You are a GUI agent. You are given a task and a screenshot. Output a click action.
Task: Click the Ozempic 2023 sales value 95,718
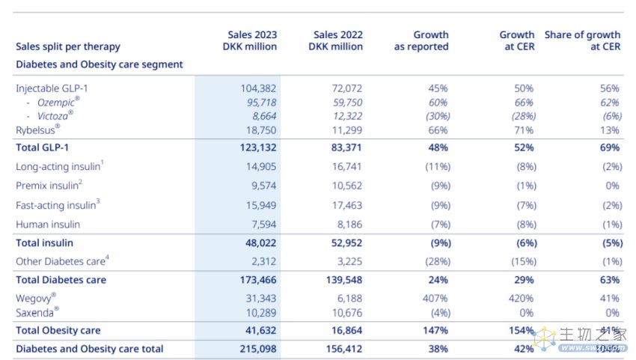[x=259, y=103]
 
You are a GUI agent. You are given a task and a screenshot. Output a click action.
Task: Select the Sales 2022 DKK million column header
[x=335, y=40]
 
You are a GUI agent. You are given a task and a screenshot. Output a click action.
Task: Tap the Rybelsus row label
[x=38, y=129]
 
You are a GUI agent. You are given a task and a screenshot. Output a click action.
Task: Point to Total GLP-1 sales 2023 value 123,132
[x=256, y=148]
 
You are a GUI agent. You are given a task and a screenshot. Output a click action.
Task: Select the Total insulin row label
[x=45, y=242]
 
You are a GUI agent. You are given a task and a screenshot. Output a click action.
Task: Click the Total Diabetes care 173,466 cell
[x=256, y=280]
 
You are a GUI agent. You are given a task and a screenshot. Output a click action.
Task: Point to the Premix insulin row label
[x=49, y=186]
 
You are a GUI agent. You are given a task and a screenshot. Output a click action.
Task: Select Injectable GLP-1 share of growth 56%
[x=609, y=88]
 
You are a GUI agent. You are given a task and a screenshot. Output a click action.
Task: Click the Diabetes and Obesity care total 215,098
[x=256, y=349]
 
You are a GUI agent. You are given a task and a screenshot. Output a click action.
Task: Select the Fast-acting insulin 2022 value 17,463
[x=346, y=205]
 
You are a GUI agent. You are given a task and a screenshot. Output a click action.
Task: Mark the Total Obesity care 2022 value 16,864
[x=346, y=330]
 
